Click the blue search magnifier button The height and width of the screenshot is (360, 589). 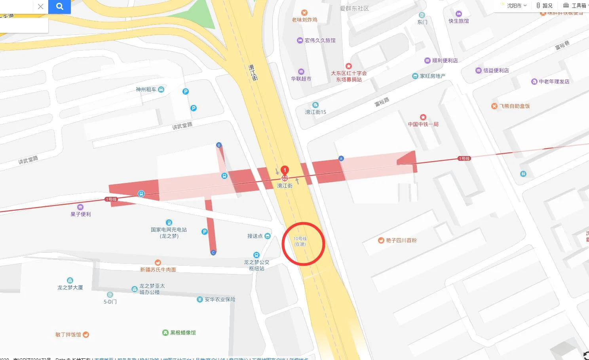[x=59, y=6]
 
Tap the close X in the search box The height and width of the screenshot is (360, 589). [x=40, y=6]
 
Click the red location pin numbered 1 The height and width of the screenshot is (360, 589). [x=284, y=171]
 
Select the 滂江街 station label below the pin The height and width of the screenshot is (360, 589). [x=285, y=186]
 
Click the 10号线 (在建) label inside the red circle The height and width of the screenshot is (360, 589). [x=300, y=241]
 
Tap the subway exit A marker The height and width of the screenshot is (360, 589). [x=341, y=158]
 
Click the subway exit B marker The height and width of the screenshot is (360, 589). [x=219, y=145]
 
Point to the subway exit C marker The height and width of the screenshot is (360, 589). [x=213, y=252]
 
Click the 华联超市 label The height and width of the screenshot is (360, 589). [x=301, y=78]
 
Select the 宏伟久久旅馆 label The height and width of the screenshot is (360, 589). [x=320, y=40]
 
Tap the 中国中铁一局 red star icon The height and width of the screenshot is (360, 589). [x=423, y=117]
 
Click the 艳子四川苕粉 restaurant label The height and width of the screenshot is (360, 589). [x=401, y=240]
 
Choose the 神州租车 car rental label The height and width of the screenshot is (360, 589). [x=146, y=90]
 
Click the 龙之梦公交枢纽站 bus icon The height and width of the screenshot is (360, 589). [x=256, y=255]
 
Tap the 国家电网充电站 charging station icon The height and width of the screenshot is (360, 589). [x=169, y=223]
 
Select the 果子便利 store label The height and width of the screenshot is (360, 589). [x=81, y=214]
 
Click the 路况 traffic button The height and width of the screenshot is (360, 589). [x=545, y=6]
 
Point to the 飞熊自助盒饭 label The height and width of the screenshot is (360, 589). [x=514, y=106]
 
